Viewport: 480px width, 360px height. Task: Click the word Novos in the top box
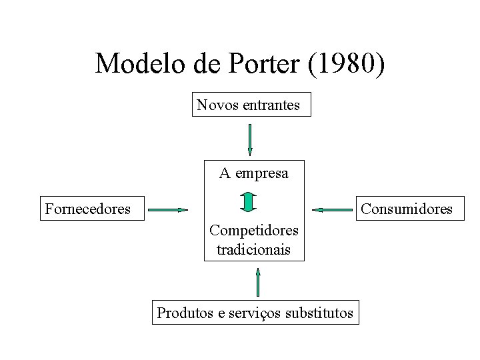(215, 105)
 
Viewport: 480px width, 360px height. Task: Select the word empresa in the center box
(261, 173)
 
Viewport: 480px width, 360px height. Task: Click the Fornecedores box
(87, 209)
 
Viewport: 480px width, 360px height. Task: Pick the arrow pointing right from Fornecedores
(168, 210)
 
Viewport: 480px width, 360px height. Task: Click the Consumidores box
(407, 209)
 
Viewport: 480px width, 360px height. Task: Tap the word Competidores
(254, 231)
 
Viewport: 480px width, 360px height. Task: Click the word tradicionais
(254, 250)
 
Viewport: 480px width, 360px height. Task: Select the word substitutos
(319, 312)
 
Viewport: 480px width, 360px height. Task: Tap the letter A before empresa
(225, 173)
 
